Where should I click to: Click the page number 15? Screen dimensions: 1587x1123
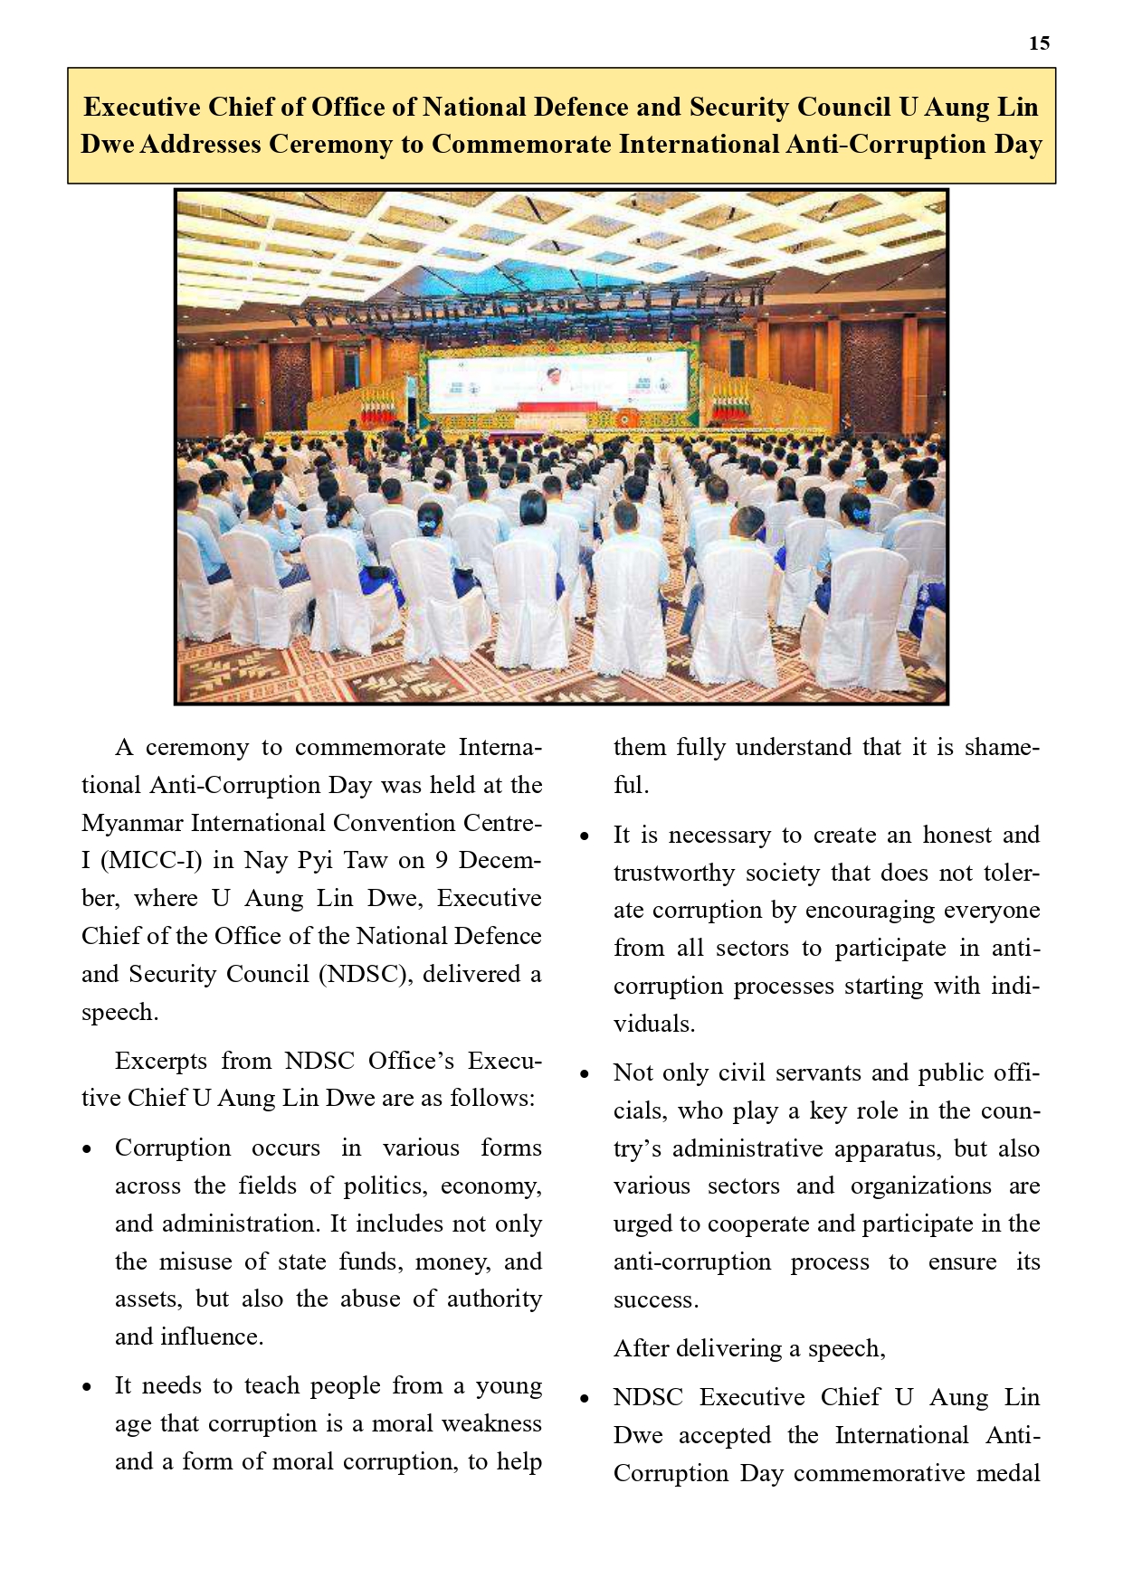[x=1039, y=43]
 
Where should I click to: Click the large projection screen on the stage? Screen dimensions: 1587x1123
[x=557, y=383]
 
